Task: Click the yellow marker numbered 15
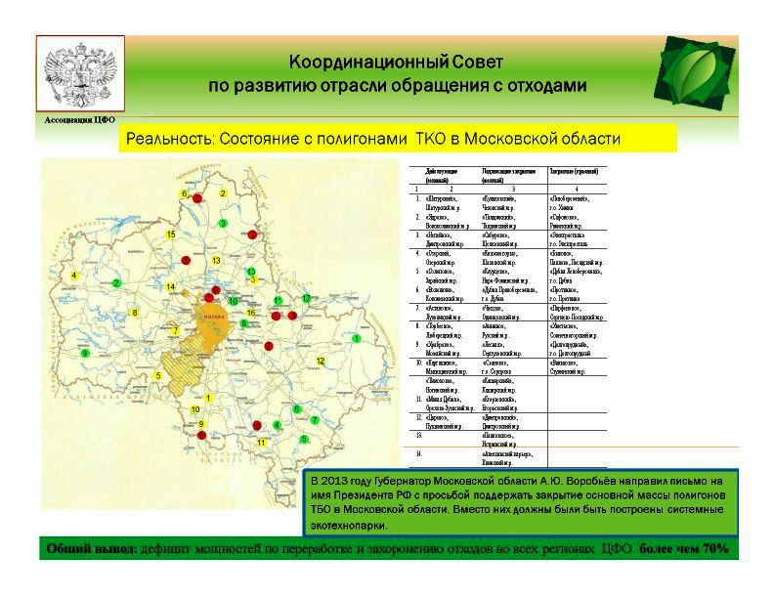[x=170, y=235]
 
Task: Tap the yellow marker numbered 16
[x=251, y=313]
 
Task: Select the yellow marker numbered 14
[x=170, y=287]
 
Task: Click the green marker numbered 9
[x=85, y=353]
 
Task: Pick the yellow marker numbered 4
[x=74, y=276]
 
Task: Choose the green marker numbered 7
[x=315, y=420]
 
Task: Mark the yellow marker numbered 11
[x=261, y=444]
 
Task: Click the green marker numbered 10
[x=233, y=301]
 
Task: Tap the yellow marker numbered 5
[x=157, y=376]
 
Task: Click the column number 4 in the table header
[x=576, y=189]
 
